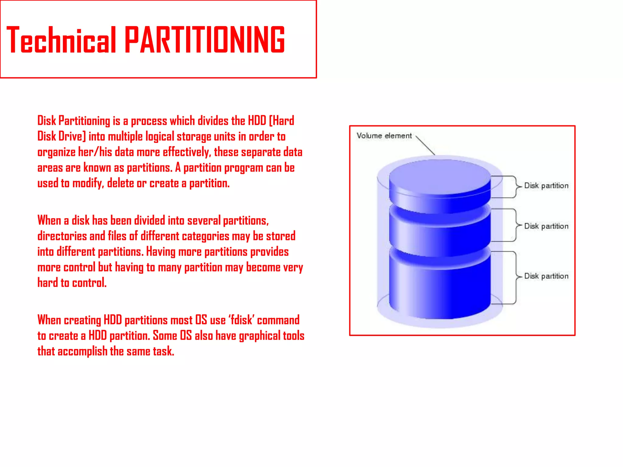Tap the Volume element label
coord(384,136)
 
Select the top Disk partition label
coord(546,186)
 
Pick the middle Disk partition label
coord(546,226)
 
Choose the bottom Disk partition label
coord(546,276)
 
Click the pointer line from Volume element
coord(425,145)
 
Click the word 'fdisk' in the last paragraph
coord(242,320)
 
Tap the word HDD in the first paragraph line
coord(257,121)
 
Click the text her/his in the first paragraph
coord(95,152)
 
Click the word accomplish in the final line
coord(82,351)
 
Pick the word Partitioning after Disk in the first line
coord(84,121)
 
